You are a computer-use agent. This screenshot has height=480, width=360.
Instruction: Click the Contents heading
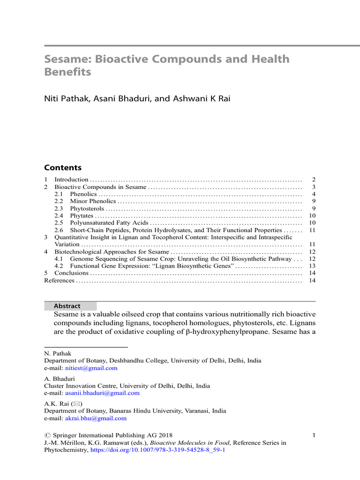point(62,168)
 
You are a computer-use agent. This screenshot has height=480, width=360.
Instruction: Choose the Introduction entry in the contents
point(71,180)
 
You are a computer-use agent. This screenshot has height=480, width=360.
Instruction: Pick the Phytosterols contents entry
point(87,209)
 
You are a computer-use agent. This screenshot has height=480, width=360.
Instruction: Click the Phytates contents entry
point(82,216)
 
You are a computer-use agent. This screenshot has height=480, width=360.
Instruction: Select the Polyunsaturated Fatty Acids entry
point(105,223)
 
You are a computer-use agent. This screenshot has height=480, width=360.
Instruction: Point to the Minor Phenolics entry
point(93,201)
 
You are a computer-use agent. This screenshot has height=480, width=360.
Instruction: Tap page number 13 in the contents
point(312,266)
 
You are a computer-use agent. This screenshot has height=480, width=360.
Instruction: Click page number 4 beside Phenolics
point(314,194)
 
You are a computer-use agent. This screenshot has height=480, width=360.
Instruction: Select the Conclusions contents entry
point(71,273)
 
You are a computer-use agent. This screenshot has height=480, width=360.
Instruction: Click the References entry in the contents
point(59,280)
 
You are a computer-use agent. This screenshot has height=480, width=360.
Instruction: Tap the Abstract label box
point(70,306)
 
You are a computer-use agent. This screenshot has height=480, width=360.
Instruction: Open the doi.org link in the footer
point(158,450)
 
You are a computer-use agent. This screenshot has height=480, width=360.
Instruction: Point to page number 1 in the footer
point(314,435)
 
